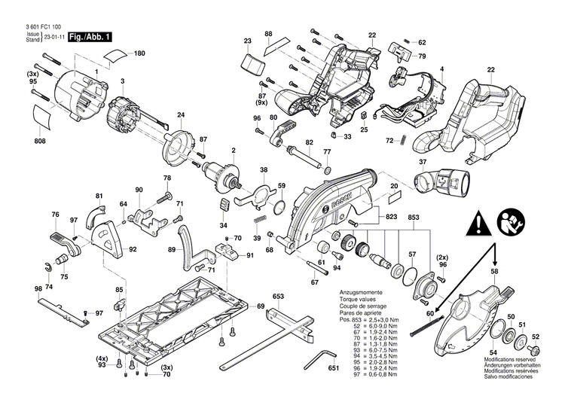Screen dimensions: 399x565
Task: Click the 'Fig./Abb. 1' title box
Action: [91, 37]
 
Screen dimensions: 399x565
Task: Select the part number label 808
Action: [39, 142]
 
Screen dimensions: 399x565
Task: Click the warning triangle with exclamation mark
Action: [478, 222]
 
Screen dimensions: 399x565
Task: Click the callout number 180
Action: [139, 53]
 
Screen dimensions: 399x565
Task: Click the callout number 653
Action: [278, 297]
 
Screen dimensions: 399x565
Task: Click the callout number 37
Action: [423, 162]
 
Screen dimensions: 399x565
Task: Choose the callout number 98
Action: [38, 289]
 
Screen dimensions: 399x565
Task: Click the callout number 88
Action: [268, 35]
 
